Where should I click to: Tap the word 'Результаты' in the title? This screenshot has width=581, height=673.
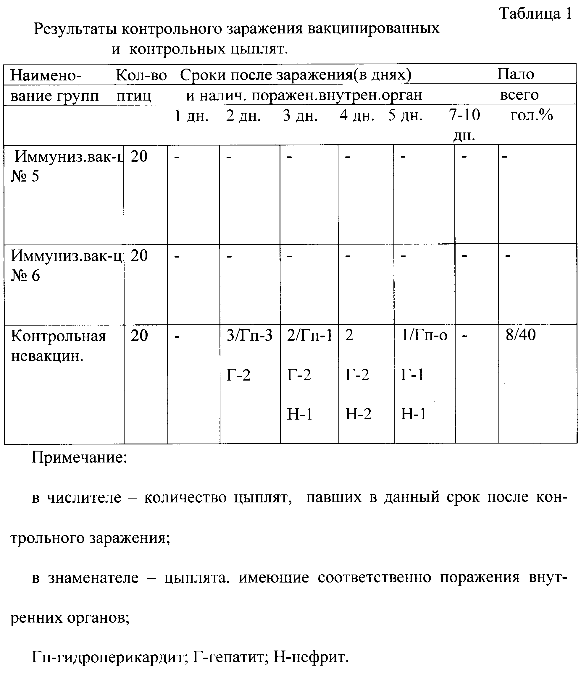(x=75, y=29)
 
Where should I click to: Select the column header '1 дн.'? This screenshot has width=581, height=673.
(x=191, y=116)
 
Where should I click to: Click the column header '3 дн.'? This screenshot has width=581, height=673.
(x=300, y=116)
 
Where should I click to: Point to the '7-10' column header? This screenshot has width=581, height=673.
(x=464, y=115)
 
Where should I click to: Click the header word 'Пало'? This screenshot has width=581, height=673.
(x=516, y=75)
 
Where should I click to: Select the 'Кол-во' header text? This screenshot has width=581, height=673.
(x=141, y=75)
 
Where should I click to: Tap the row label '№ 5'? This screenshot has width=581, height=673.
(x=25, y=176)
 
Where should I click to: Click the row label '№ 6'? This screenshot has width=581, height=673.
(x=25, y=276)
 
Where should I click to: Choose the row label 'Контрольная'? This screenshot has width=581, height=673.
(x=59, y=336)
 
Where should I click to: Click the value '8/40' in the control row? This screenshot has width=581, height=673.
(x=521, y=335)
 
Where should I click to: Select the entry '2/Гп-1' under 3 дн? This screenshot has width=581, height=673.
(x=310, y=336)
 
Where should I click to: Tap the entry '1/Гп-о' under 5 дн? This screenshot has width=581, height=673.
(x=425, y=336)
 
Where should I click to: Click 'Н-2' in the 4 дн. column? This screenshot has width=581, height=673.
(x=358, y=414)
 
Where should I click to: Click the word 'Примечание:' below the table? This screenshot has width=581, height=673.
(x=79, y=458)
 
